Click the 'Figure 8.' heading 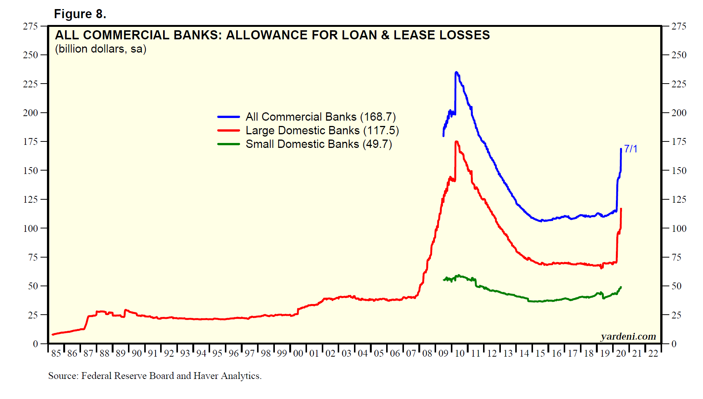80,14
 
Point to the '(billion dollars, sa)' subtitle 101,49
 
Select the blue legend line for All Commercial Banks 228,117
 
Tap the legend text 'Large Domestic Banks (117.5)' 322,130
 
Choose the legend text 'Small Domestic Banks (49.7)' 319,144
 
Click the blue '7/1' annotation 631,149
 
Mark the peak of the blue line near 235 456,72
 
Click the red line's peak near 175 457,142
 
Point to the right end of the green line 621,287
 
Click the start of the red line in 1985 53,334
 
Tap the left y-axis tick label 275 30,26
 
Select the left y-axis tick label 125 30,199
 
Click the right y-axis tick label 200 679,113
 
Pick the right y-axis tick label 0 674,344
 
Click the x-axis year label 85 56,354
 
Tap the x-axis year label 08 427,354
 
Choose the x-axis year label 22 653,354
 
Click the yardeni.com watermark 628,336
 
